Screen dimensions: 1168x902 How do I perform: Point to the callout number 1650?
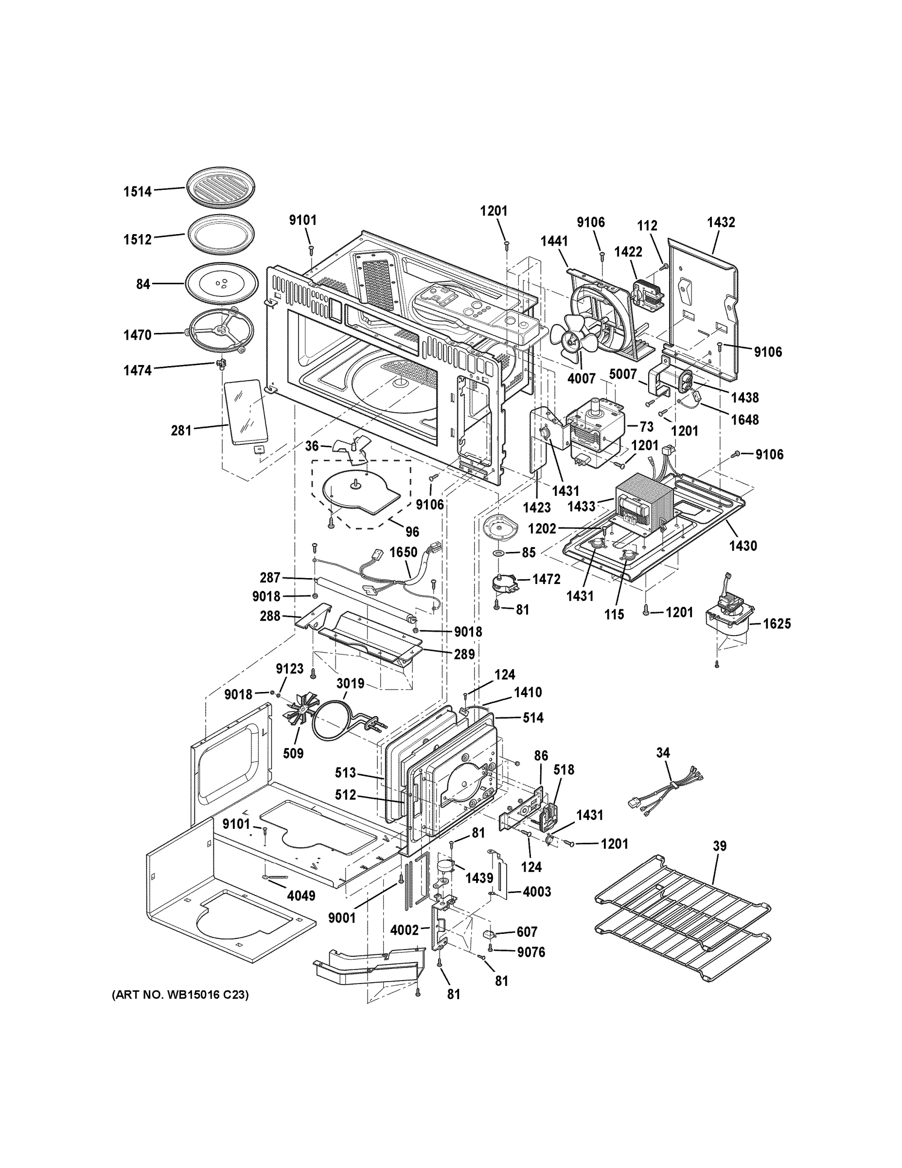pyautogui.click(x=404, y=552)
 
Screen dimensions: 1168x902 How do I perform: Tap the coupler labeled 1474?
pyautogui.click(x=220, y=365)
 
